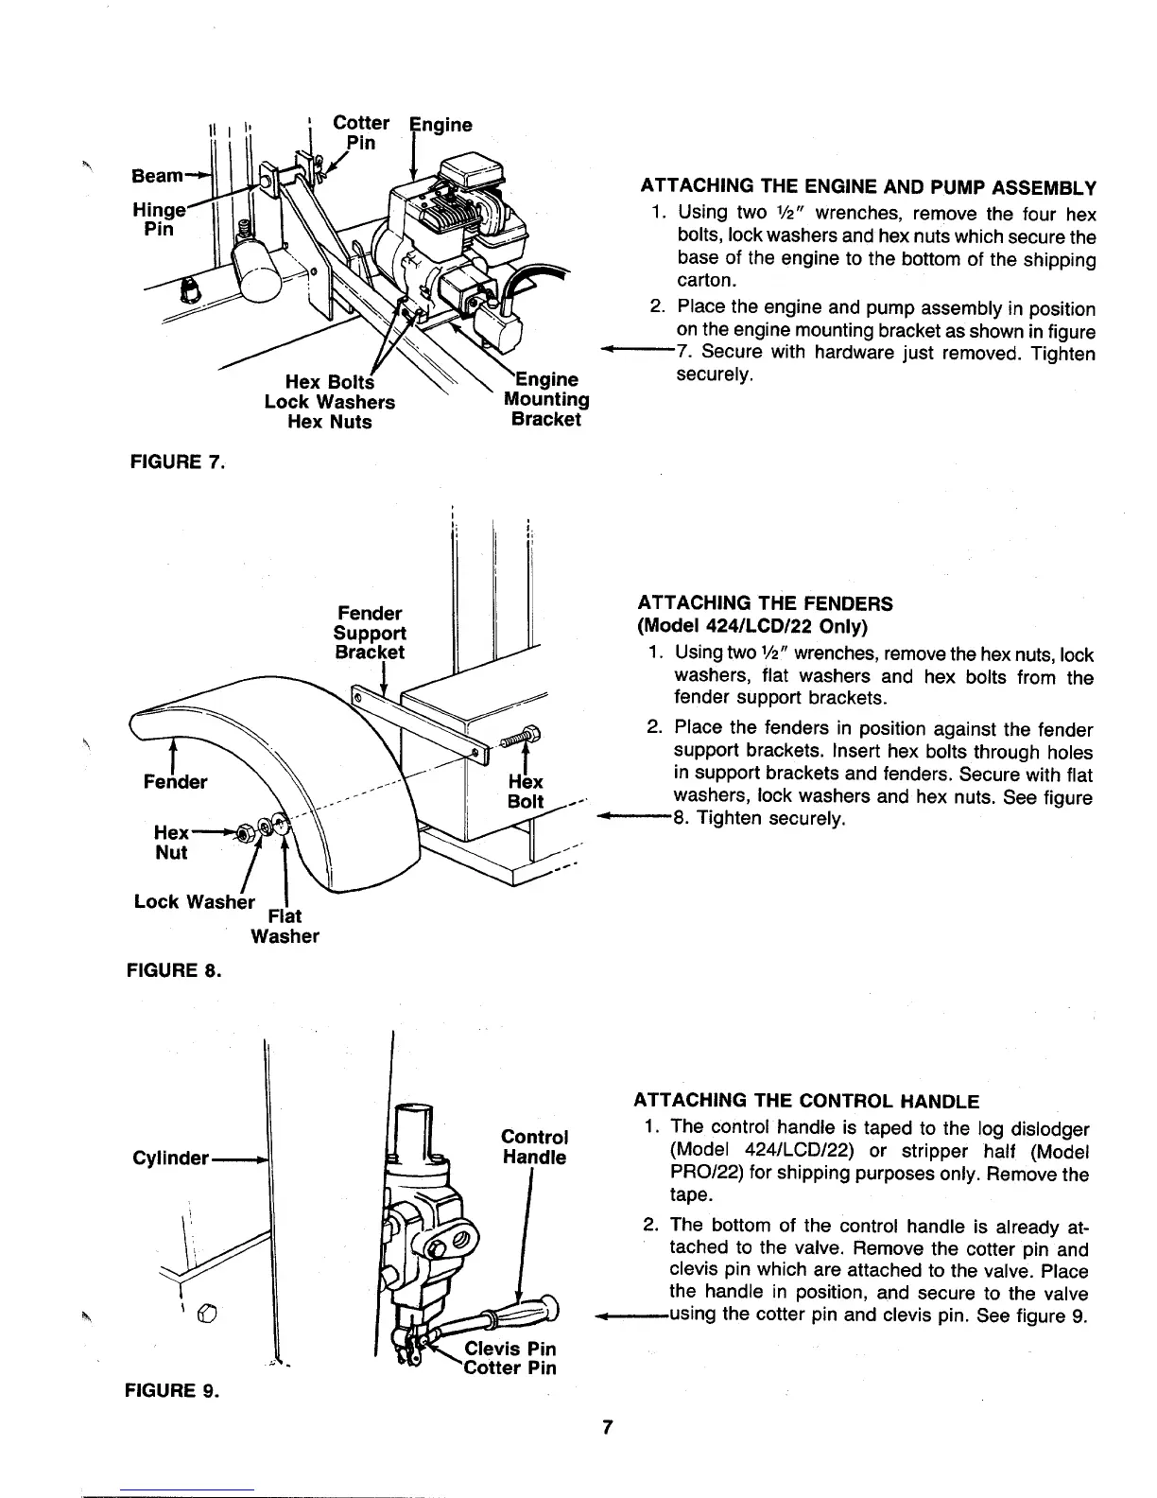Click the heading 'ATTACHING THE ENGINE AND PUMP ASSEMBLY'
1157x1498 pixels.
click(868, 185)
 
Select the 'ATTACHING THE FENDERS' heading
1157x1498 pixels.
click(766, 603)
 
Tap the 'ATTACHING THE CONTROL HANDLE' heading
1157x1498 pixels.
click(805, 1101)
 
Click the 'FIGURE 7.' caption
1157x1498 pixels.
click(179, 462)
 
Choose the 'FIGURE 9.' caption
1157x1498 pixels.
click(179, 1390)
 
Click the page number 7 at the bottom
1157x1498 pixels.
click(610, 1428)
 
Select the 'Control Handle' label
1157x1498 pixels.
click(534, 1147)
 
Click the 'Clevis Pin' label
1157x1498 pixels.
click(517, 1348)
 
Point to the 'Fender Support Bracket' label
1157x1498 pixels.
click(370, 633)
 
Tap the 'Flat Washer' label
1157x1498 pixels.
click(285, 927)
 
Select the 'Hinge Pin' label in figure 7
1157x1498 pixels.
click(156, 219)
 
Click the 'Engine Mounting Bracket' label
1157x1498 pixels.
click(545, 400)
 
